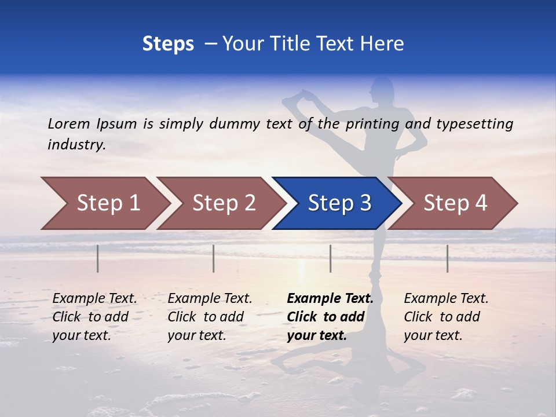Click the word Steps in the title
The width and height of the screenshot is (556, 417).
(168, 44)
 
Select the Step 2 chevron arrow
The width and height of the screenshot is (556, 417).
(220, 203)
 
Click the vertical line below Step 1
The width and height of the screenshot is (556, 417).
(98, 258)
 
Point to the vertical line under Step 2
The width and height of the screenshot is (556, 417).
(214, 258)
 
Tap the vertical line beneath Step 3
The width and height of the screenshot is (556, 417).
(331, 258)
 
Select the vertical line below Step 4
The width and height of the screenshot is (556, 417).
(448, 258)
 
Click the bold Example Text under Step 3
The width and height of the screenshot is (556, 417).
(330, 317)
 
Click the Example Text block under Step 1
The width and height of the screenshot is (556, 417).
(94, 317)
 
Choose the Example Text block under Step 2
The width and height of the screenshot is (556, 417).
(210, 317)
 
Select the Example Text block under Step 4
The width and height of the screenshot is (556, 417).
(446, 317)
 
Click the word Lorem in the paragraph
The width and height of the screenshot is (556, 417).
(69, 123)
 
